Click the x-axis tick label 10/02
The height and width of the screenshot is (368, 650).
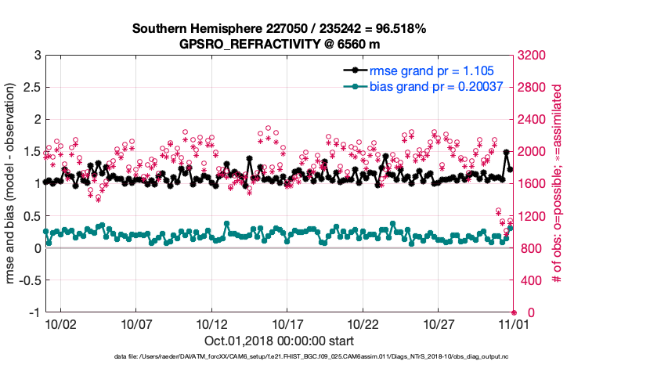[x=60, y=323]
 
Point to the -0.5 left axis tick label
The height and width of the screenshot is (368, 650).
[x=29, y=280]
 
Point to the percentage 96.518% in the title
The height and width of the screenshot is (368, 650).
[x=399, y=29]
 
